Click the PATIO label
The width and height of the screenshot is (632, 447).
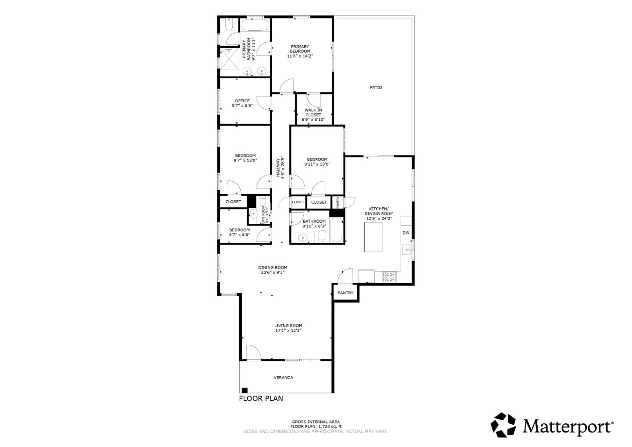[x=376, y=87]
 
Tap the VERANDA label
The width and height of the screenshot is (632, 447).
[x=284, y=378]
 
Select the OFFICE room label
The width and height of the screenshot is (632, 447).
[x=242, y=101]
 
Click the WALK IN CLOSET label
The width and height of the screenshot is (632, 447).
[x=313, y=112]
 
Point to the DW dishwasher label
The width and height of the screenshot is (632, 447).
[x=406, y=233]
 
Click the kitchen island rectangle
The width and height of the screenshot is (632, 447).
[x=373, y=237]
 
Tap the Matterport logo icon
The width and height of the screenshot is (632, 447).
[x=503, y=425]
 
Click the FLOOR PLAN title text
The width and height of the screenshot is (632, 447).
[x=261, y=399]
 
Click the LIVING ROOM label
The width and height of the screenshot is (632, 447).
[x=288, y=326]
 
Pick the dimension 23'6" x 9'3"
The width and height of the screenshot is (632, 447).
[x=273, y=272]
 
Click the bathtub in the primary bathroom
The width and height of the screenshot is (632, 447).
[x=255, y=25]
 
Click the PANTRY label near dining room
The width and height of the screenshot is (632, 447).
[x=345, y=293]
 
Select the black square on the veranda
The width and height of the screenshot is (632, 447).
[x=244, y=390]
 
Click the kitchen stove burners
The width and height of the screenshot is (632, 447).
[x=390, y=277]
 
